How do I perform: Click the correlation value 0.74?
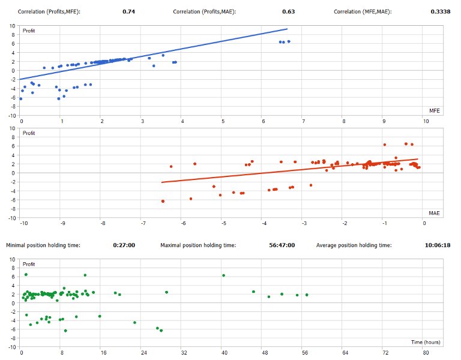[128, 11]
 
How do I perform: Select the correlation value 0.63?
[288, 11]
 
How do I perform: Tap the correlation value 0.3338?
[441, 11]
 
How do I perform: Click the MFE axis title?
[435, 111]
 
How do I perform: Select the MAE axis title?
[435, 213]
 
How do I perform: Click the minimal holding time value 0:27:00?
[124, 245]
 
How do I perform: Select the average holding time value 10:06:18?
[438, 245]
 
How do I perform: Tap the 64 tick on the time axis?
[345, 353]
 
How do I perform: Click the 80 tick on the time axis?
[426, 353]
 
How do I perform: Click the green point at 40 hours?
[223, 275]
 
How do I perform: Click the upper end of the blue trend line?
[287, 29]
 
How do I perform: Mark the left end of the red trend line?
[163, 182]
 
